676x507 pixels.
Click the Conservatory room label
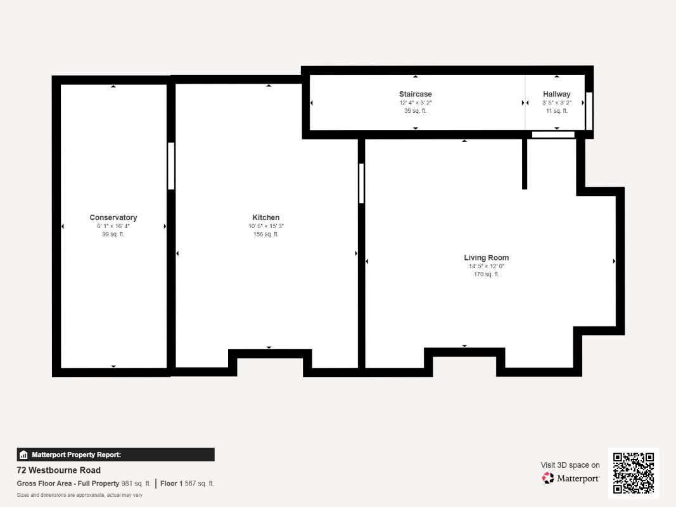click(113, 217)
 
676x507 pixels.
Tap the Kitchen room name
click(266, 217)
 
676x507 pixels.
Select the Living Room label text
click(486, 258)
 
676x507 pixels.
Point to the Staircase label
click(416, 94)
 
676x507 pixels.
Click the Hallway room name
click(556, 94)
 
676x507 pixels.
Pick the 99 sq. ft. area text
click(113, 234)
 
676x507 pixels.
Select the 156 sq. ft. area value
click(266, 234)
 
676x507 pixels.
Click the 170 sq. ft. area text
click(486, 274)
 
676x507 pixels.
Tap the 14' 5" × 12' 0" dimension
click(486, 266)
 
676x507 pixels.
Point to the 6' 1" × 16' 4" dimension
click(113, 226)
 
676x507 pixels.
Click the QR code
click(634, 473)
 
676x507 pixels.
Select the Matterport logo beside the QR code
click(571, 478)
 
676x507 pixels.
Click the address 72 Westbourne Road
click(58, 470)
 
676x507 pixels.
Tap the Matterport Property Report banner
click(115, 454)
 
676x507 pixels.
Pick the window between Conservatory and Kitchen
click(171, 166)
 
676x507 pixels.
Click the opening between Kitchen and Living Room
click(361, 183)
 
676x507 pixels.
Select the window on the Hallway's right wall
click(588, 111)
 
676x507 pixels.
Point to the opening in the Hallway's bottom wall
click(553, 134)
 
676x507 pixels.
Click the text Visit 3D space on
click(570, 465)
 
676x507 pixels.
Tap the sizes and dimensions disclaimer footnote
click(79, 495)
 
